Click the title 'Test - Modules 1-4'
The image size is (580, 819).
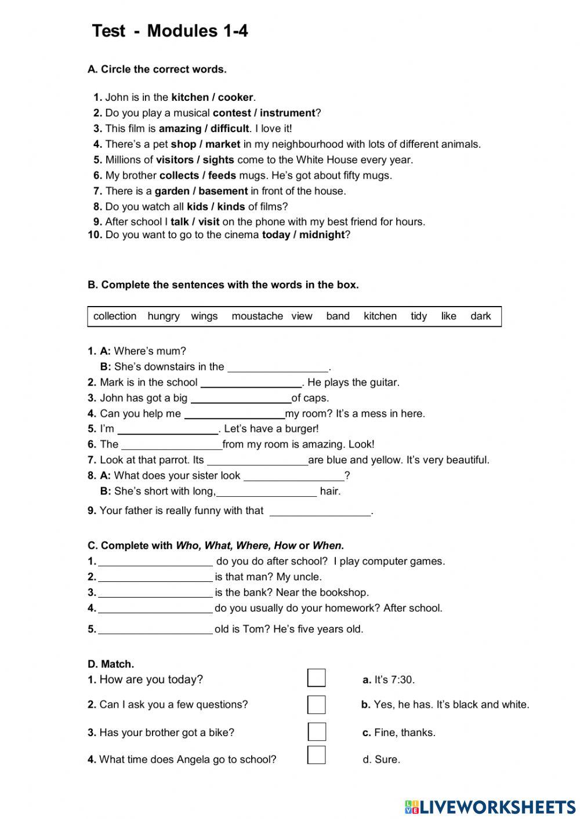pyautogui.click(x=170, y=31)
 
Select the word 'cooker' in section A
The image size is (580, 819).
pyautogui.click(x=235, y=97)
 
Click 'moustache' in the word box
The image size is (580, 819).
pyautogui.click(x=257, y=316)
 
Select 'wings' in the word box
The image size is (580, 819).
pyautogui.click(x=204, y=316)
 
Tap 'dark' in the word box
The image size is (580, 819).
pyautogui.click(x=480, y=316)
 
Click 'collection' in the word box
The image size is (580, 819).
pyautogui.click(x=115, y=316)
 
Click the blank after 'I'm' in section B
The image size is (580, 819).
pyautogui.click(x=167, y=429)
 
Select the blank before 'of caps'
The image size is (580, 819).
pyautogui.click(x=241, y=398)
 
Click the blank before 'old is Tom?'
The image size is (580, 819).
pyautogui.click(x=155, y=629)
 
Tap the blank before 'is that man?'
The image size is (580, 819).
pyautogui.click(x=155, y=577)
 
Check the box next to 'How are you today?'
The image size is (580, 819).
pyautogui.click(x=316, y=678)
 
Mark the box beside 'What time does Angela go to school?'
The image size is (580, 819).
pyautogui.click(x=316, y=755)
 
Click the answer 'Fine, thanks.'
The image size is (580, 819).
pyautogui.click(x=404, y=733)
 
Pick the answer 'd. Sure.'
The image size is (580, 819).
pyautogui.click(x=381, y=760)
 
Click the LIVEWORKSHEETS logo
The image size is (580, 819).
pyautogui.click(x=490, y=807)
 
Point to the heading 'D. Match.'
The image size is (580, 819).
pyautogui.click(x=111, y=664)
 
